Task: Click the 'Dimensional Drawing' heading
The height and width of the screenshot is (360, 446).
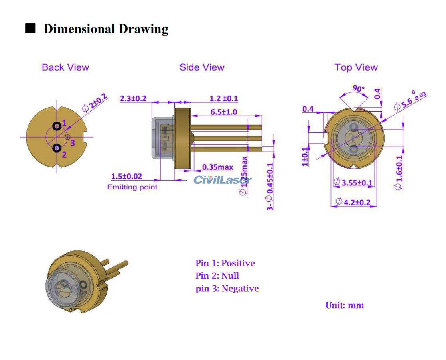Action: click(106, 29)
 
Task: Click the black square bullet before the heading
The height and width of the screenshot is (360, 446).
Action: click(30, 28)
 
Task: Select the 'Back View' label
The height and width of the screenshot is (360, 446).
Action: click(65, 67)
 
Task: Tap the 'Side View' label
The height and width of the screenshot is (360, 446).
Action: click(202, 67)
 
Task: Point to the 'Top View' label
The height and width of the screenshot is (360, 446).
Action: click(356, 67)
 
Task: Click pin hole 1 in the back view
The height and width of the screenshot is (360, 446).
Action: click(57, 126)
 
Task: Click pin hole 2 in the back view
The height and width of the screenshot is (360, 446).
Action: click(57, 148)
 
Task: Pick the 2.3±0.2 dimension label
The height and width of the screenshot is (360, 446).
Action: click(133, 98)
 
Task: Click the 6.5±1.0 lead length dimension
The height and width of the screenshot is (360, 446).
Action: click(223, 112)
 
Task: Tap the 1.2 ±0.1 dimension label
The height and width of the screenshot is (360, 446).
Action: click(224, 98)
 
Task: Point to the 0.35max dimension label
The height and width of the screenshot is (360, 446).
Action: click(217, 167)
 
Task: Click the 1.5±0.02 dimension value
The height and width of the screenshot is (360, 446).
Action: click(126, 177)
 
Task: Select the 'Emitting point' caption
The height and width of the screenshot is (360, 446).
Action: click(132, 187)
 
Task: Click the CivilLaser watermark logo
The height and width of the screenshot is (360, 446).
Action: click(222, 180)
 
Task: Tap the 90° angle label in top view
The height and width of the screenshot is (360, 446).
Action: click(358, 88)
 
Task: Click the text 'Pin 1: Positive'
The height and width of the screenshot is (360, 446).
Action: click(225, 263)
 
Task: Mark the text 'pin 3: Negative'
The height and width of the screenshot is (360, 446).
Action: click(227, 289)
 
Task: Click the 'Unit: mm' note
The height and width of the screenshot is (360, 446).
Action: click(345, 305)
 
